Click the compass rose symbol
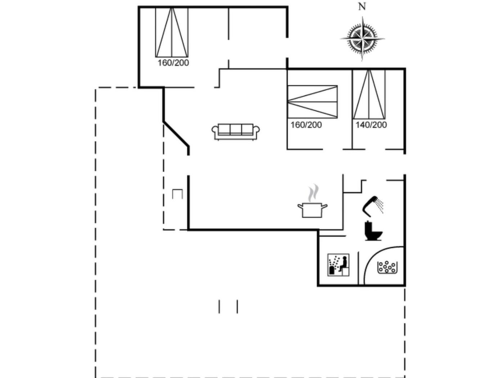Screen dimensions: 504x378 362,39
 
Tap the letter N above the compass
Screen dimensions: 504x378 362,7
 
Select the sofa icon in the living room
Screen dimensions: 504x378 235,132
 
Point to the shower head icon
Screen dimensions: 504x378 373,206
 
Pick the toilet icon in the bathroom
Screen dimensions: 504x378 373,231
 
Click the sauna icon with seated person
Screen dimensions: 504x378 338,265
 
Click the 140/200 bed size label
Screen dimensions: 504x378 371,125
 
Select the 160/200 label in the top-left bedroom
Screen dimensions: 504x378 173,63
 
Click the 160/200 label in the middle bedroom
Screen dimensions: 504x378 306,125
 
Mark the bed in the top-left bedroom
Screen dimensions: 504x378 172,32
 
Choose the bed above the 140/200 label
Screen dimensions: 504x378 369,94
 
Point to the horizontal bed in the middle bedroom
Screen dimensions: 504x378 312,102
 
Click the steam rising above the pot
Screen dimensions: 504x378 313,192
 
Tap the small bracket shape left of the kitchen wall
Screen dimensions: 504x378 177,194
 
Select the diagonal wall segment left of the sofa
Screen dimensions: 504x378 176,134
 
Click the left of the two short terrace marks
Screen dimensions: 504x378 219,306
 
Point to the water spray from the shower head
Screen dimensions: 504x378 379,206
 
